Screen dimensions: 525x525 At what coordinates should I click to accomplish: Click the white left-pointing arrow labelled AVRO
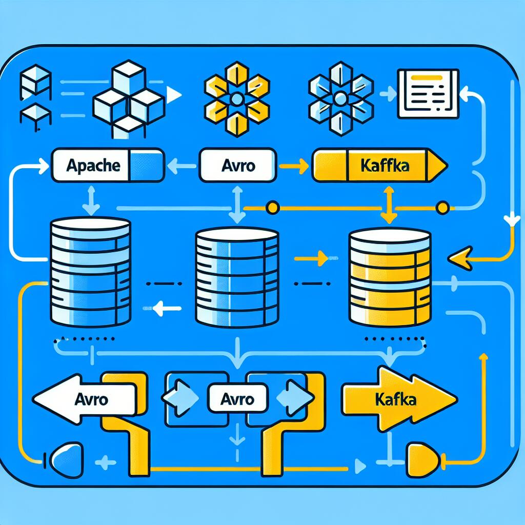pyautogui.click(x=85, y=398)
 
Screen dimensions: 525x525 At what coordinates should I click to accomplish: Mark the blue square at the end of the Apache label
pyautogui.click(x=147, y=165)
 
